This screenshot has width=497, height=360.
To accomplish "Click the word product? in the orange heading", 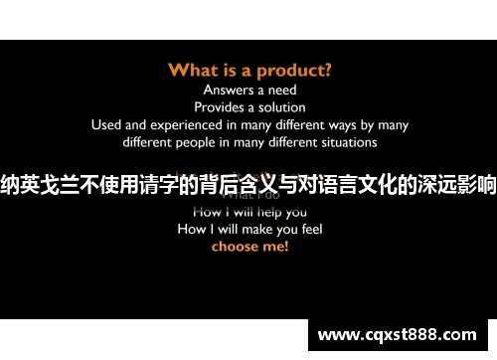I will click(293, 70).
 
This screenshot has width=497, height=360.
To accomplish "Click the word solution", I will click(280, 106).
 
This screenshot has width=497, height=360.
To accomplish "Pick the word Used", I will click(106, 124).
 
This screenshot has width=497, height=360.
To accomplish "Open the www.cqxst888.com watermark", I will click(402, 335).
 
